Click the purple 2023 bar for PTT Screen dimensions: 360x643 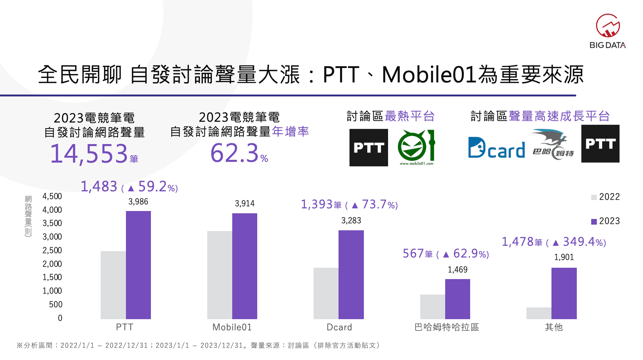(138, 265)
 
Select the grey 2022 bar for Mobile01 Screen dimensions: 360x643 (219, 275)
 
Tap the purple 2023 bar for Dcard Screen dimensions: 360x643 (351, 275)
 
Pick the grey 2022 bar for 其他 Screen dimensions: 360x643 (539, 313)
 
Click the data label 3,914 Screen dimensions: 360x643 (245, 204)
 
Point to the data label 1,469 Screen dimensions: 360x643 (457, 270)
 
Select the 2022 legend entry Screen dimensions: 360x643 (606, 197)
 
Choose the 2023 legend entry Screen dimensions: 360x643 (606, 221)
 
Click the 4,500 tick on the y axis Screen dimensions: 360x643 (52, 196)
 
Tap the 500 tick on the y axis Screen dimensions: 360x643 (56, 304)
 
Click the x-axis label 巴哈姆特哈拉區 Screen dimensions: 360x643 (447, 327)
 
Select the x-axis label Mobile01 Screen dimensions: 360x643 (232, 327)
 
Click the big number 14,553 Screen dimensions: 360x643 (89, 154)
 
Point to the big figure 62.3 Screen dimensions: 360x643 (235, 153)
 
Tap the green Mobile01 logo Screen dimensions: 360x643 (416, 147)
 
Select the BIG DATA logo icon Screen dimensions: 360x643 (607, 26)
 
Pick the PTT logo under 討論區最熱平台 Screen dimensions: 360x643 (368, 147)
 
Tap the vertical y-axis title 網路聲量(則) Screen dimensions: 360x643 (28, 216)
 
